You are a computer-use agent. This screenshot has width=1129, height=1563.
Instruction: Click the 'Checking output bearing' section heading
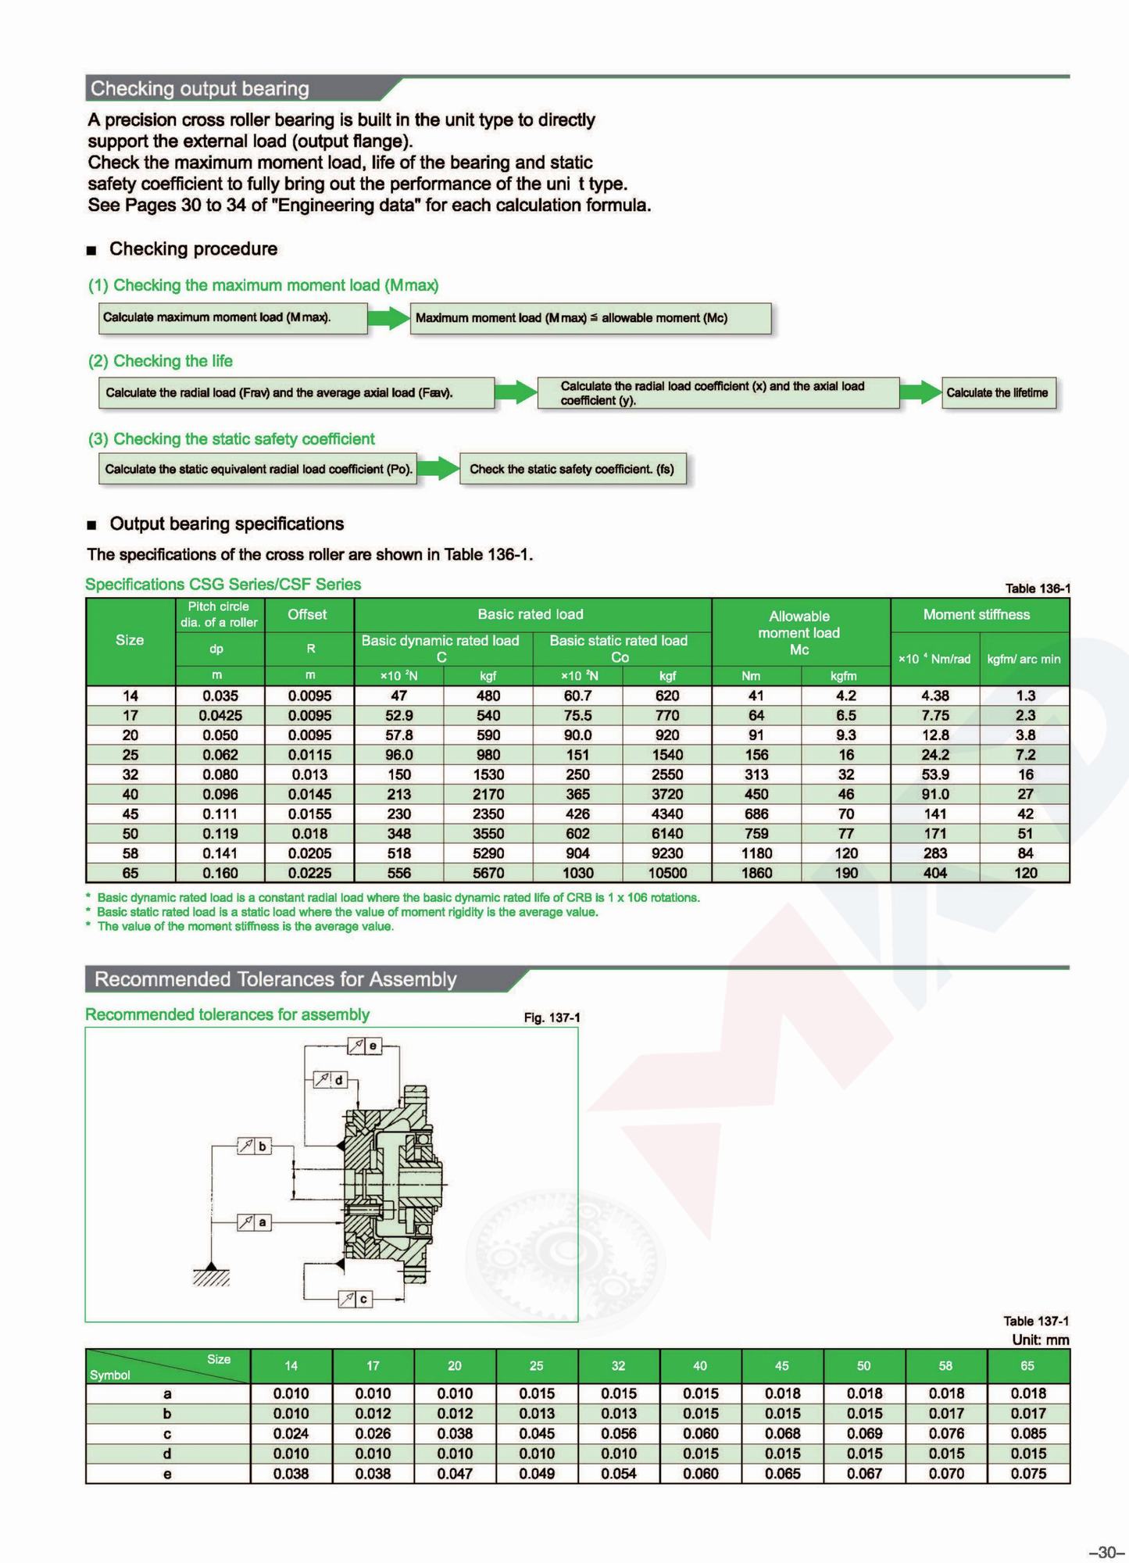pos(200,89)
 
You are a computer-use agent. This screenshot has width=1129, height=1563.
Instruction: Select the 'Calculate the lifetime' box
pos(997,392)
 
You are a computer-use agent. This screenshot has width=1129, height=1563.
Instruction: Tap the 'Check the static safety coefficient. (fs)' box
pos(572,469)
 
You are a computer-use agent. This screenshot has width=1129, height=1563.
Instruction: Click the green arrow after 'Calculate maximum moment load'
pos(388,317)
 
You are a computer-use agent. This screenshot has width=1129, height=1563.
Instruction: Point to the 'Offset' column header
pos(307,614)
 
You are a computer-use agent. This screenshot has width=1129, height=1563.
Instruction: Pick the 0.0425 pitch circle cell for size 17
pos(220,715)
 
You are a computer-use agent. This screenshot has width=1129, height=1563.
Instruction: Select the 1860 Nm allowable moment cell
pos(756,873)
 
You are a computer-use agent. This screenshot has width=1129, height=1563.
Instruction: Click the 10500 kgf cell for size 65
pos(666,873)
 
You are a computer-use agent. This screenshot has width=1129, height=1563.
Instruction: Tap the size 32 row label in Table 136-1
pos(130,774)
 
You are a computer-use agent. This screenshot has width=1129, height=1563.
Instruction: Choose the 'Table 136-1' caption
pos(1037,588)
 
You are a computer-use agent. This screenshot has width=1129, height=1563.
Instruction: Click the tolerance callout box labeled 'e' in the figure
pos(365,1046)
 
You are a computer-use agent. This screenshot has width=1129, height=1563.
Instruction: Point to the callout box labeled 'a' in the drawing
pos(255,1222)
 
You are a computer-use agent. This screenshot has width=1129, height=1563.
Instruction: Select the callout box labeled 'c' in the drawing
pos(355,1299)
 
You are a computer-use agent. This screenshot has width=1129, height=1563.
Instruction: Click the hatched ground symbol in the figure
pos(211,1275)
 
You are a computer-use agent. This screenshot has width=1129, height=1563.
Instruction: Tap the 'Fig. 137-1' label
pos(552,1018)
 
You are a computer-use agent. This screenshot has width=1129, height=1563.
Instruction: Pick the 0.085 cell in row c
pos(1027,1433)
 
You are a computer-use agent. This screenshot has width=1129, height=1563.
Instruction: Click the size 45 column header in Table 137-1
pos(781,1365)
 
